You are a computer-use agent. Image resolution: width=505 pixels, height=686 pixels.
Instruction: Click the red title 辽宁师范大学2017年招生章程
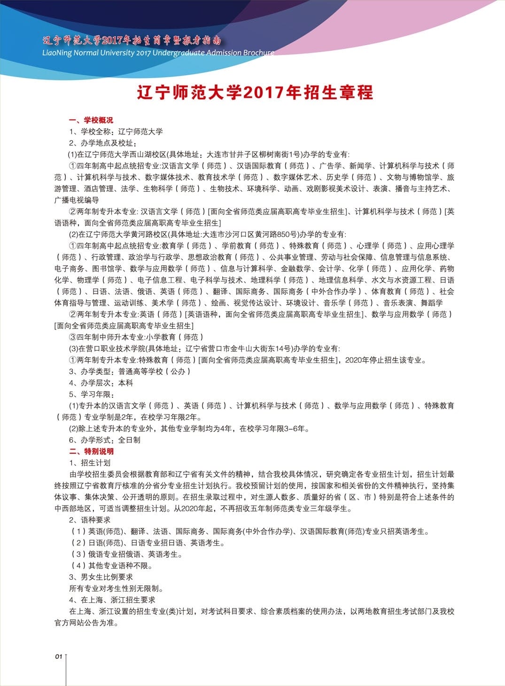255,92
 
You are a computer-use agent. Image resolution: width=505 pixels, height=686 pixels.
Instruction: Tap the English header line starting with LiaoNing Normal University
158,53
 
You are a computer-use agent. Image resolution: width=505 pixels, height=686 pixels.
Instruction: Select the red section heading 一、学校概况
91,120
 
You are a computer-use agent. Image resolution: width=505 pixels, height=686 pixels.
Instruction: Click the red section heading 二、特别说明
91,451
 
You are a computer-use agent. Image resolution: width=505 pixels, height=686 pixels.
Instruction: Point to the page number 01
58,656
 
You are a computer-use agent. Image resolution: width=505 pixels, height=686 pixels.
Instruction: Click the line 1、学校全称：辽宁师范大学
116,132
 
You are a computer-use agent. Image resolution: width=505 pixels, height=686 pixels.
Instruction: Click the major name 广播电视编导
77,200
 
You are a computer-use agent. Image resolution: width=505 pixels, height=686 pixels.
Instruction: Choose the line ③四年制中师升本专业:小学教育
136,337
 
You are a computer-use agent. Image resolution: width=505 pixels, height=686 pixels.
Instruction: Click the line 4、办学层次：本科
101,383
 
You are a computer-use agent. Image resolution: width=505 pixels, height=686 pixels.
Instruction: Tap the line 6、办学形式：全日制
105,440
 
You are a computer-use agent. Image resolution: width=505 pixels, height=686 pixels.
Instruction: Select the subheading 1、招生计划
90,463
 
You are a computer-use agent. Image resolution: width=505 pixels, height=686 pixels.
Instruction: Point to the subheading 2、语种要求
90,520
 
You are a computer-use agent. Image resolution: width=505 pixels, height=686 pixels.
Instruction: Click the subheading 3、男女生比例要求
101,577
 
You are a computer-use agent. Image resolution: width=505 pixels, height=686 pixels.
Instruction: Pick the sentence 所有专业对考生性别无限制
117,588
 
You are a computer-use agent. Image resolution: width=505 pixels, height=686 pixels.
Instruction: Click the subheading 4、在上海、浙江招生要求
112,600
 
